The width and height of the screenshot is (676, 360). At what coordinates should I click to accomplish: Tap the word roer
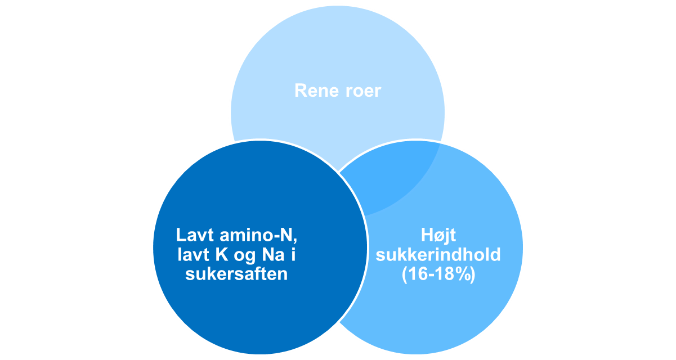361,91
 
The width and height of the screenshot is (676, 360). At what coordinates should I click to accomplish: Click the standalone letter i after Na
293,255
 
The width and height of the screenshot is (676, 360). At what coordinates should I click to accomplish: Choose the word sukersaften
236,274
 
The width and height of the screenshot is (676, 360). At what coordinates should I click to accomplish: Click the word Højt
438,235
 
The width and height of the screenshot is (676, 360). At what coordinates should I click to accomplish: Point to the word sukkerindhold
438,255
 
